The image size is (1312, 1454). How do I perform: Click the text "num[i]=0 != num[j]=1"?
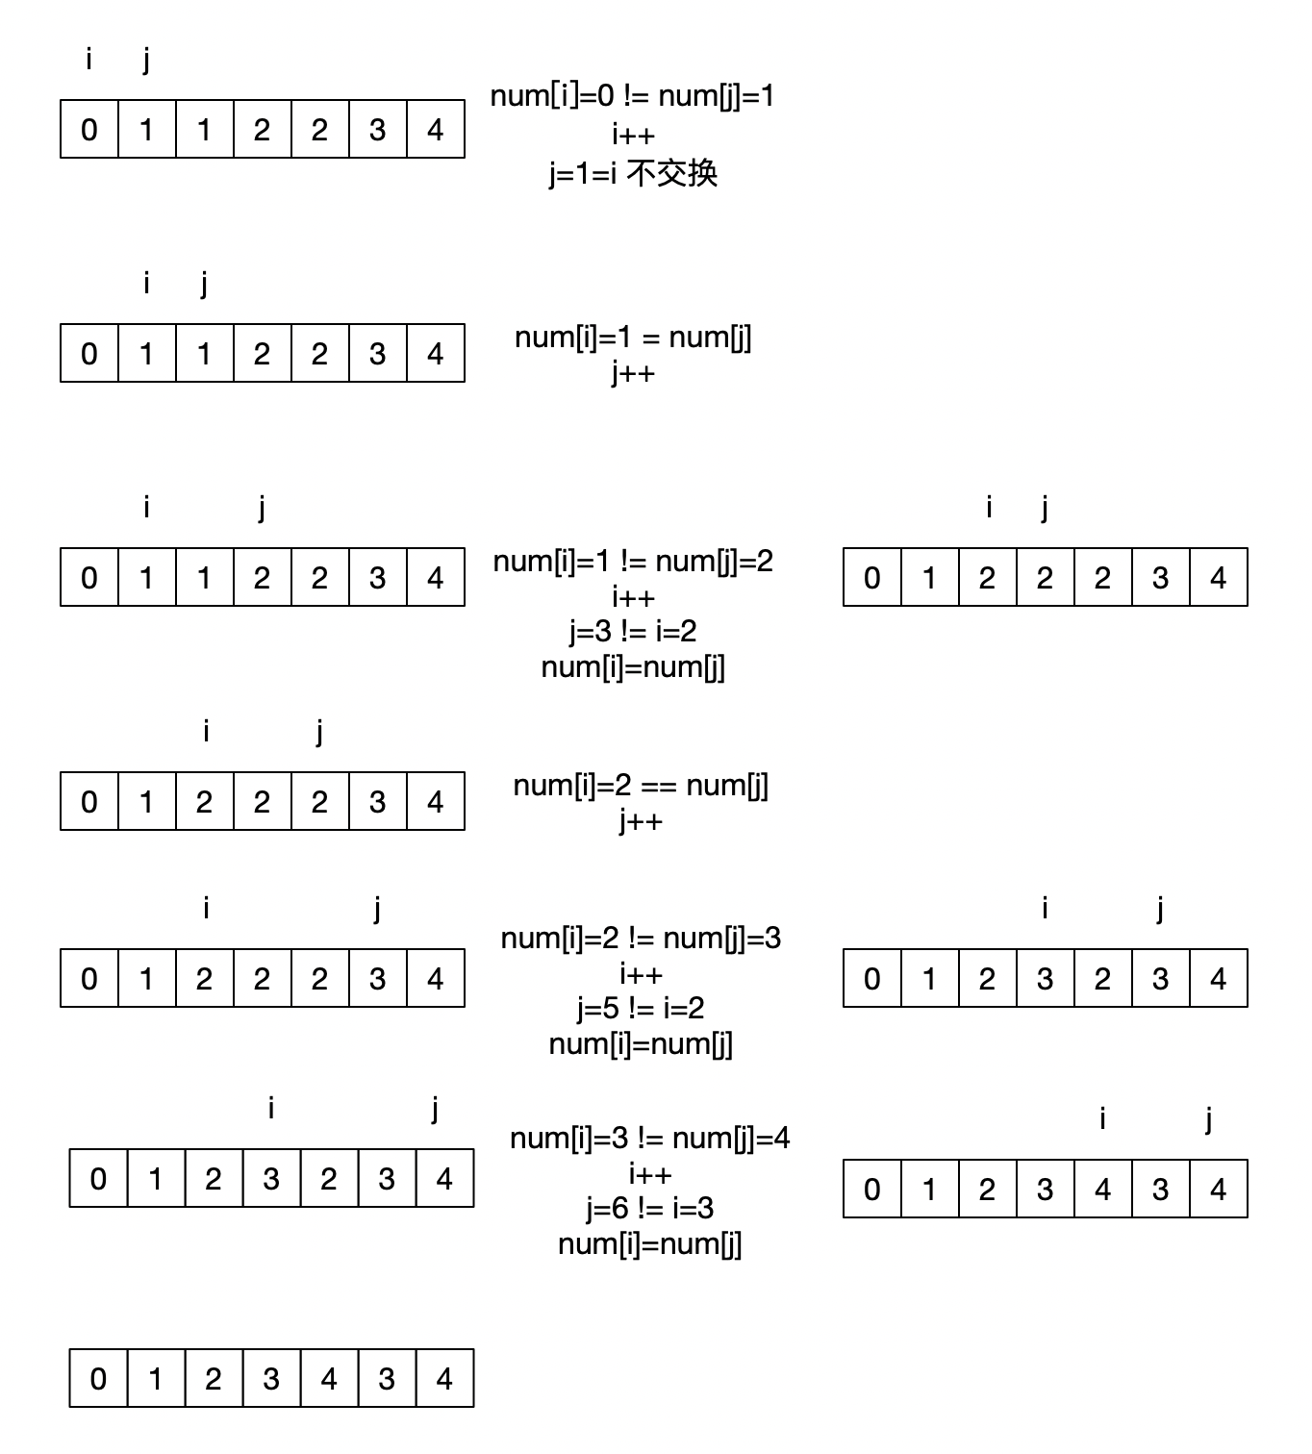coord(632,96)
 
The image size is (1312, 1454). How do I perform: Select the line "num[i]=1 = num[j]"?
coord(633,338)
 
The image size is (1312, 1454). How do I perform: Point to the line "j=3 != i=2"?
coord(633,632)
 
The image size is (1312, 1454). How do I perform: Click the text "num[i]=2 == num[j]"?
coord(641,786)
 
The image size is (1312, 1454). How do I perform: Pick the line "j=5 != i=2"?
coord(641,1008)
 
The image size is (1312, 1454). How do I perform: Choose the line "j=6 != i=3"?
coord(649,1209)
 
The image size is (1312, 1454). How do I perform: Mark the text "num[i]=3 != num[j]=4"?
coord(649,1139)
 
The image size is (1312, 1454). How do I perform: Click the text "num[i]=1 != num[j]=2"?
coord(633,562)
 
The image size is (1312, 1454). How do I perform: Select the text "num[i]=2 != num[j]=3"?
coord(641,938)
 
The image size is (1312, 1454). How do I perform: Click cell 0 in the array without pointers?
coord(98,1378)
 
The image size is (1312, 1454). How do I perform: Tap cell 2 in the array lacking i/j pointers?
coord(214,1378)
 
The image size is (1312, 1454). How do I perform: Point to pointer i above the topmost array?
coord(88,60)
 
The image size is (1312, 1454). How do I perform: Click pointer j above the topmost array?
coord(146,60)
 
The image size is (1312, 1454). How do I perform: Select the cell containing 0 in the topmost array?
coord(89,129)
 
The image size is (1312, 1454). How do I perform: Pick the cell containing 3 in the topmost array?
coord(378,129)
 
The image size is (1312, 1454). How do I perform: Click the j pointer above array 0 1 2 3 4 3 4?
coord(1208,1118)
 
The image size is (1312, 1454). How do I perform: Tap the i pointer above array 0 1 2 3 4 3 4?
coord(1102,1118)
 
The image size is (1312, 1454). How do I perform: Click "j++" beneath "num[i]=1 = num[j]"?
coord(633,373)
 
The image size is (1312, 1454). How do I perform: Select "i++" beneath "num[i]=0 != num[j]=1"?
coord(633,135)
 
